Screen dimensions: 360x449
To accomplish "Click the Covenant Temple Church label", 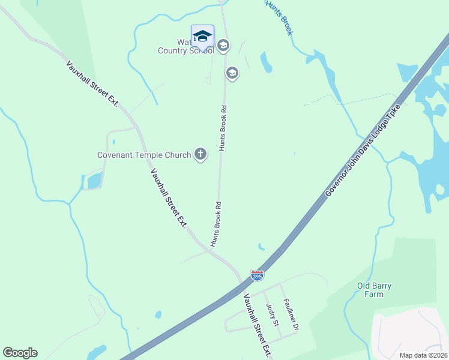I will (143, 155).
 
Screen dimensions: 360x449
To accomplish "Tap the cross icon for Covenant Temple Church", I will (200, 155).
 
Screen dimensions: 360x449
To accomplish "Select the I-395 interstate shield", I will (257, 275).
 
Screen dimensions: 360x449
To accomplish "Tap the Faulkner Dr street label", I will (291, 316).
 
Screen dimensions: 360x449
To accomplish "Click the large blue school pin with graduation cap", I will (202, 36).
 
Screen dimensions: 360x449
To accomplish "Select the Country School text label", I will (185, 50).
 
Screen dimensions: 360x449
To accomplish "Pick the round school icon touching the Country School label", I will (223, 46).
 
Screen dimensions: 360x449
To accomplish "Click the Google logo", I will (20, 353).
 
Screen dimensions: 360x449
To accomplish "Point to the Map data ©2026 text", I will (423, 355).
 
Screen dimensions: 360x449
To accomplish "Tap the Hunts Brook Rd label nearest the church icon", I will (223, 128).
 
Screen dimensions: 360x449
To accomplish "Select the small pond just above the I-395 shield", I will (261, 247).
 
